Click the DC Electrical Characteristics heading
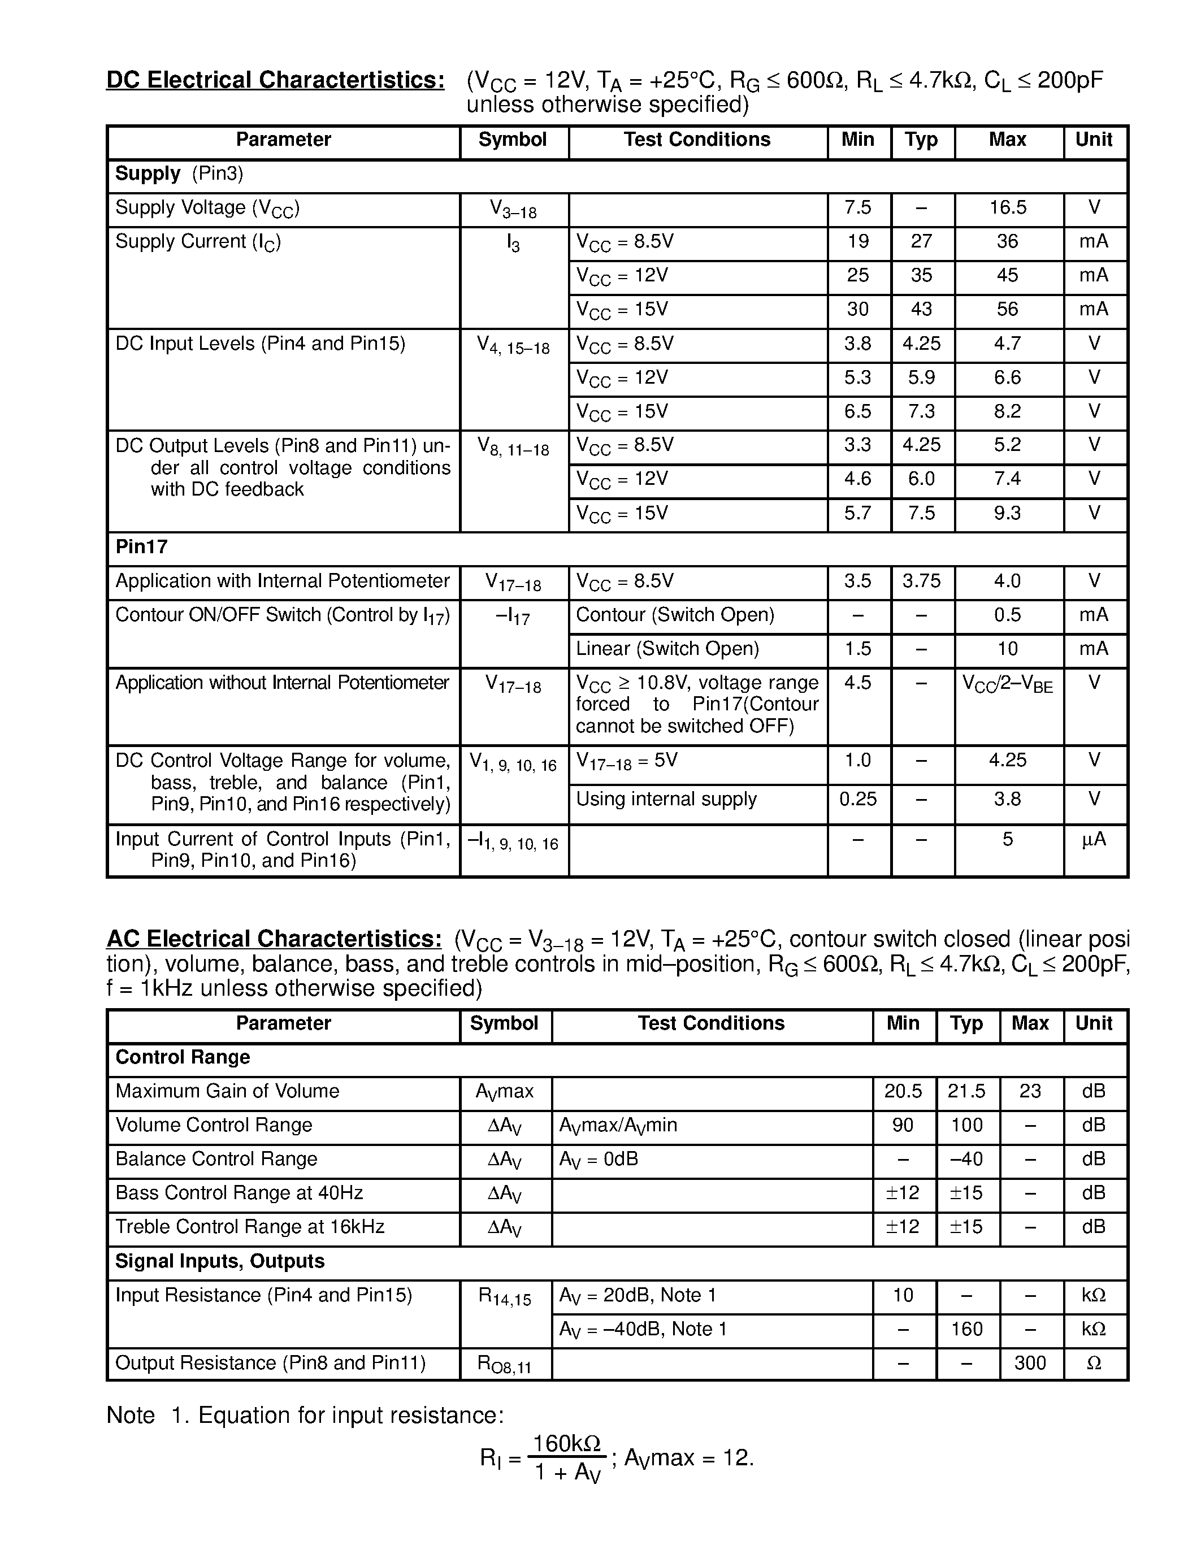click(275, 80)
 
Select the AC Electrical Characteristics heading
click(274, 939)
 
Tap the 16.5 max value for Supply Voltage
click(1008, 208)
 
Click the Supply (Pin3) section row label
click(179, 173)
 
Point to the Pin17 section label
click(142, 546)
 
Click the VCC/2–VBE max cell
click(1008, 684)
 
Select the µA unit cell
click(1094, 840)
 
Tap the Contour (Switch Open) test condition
click(674, 615)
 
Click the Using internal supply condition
click(666, 799)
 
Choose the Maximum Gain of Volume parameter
click(227, 1091)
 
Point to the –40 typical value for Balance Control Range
click(966, 1159)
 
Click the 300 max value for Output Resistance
click(1030, 1362)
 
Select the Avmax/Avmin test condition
click(618, 1125)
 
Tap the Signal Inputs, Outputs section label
click(220, 1261)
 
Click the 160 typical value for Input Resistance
click(966, 1329)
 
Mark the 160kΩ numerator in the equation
click(567, 1443)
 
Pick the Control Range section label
click(183, 1057)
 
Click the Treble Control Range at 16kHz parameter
click(250, 1227)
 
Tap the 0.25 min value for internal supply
click(857, 799)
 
